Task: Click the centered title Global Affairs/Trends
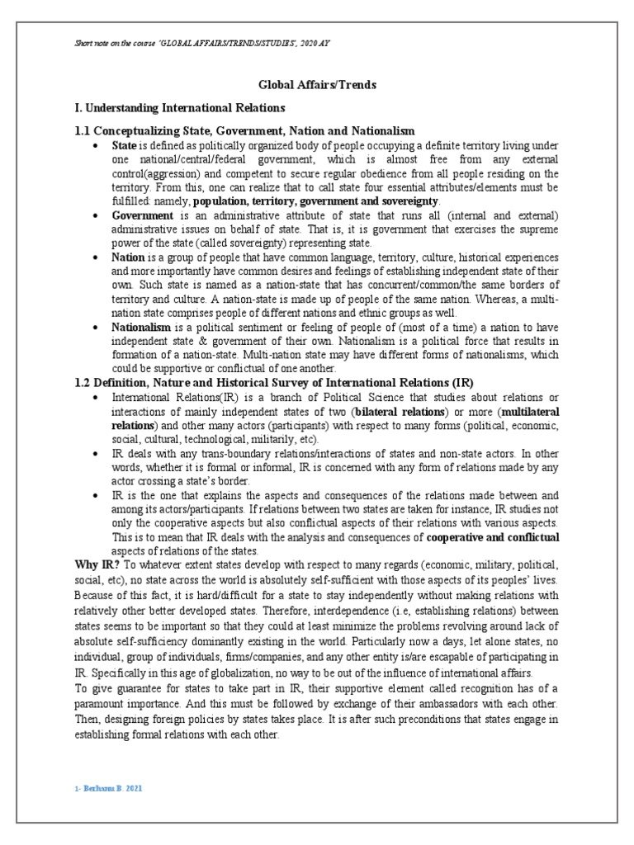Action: tap(317, 84)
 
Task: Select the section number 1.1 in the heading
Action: tap(83, 131)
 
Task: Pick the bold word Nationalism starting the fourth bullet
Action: tap(145, 328)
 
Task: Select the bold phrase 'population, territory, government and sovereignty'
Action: tap(316, 201)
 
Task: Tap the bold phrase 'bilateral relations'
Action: tap(400, 410)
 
